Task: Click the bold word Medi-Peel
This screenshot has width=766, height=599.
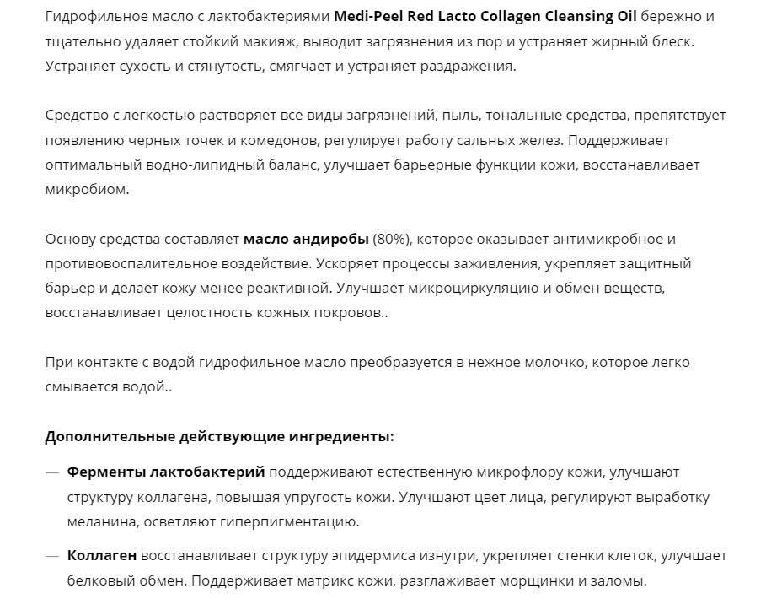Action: coord(368,16)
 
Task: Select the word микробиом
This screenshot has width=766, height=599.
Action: coord(87,189)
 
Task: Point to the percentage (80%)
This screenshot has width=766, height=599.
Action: coord(390,239)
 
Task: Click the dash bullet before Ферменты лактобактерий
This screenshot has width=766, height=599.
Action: coord(52,472)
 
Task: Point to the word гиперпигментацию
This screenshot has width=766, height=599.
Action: coord(292,521)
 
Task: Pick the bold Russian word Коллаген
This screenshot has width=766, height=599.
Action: coord(102,556)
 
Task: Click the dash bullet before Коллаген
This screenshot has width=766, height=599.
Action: coord(52,556)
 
